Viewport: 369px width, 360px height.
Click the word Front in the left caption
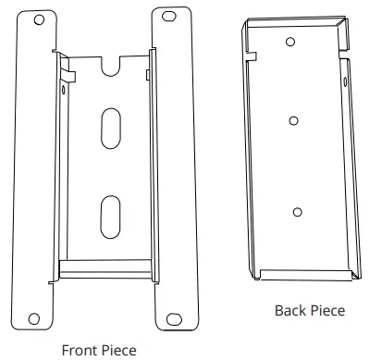80,350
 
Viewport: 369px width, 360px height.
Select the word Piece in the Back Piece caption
326,311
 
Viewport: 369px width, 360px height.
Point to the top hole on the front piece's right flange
170,18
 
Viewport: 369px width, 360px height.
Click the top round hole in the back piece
290,42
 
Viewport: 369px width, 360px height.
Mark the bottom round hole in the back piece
296,212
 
